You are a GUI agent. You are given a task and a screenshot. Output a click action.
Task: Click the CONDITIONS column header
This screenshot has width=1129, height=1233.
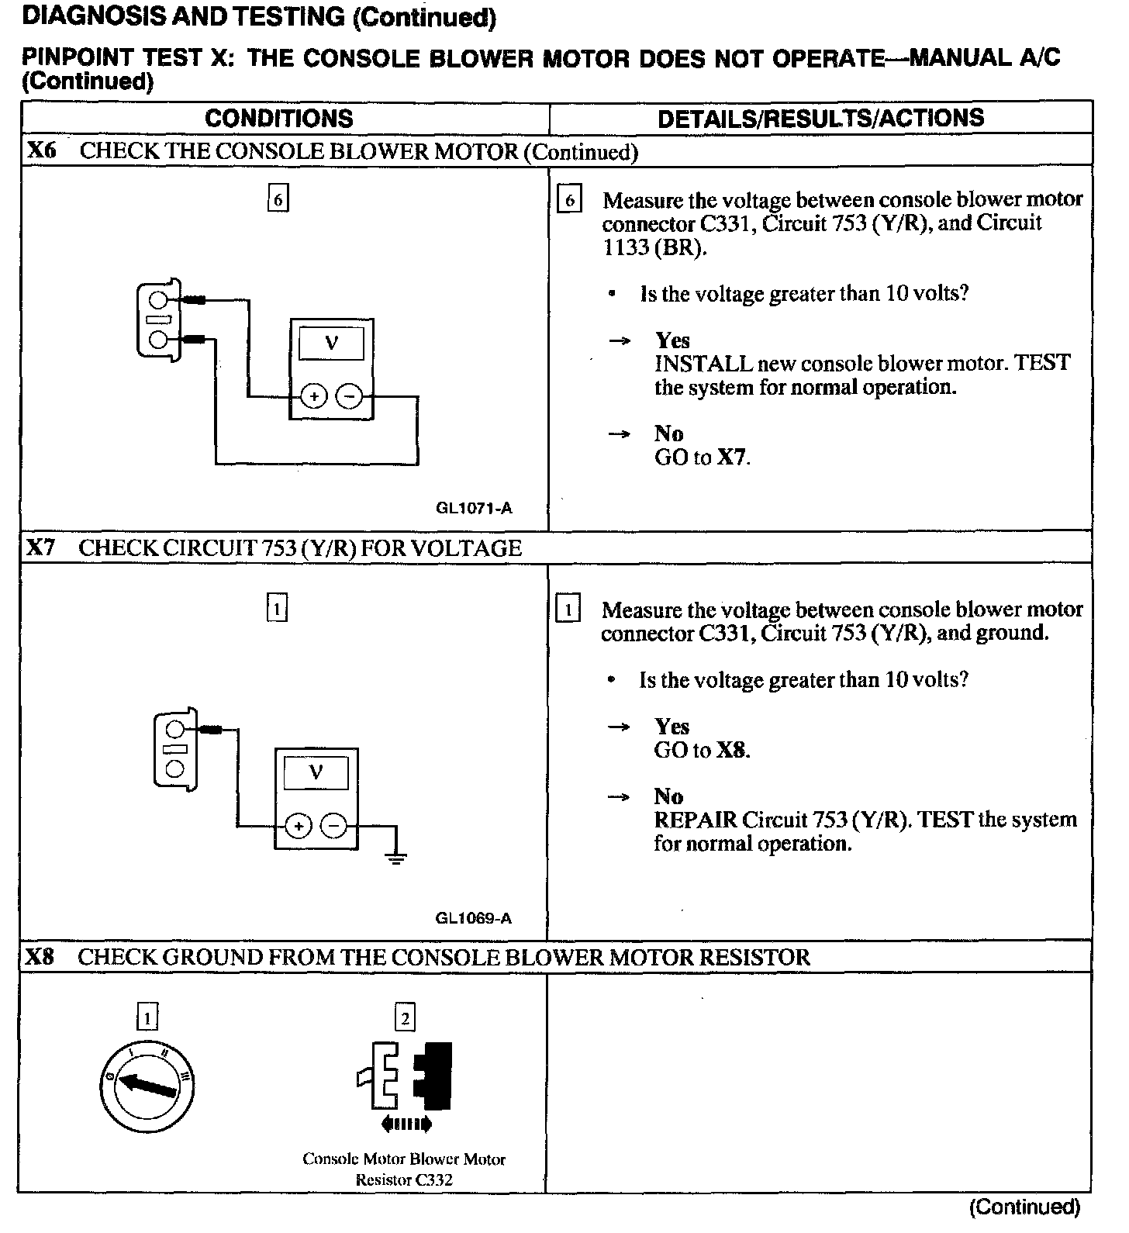(279, 119)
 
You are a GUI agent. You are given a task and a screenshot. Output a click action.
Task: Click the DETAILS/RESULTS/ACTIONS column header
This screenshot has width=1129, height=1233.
(820, 118)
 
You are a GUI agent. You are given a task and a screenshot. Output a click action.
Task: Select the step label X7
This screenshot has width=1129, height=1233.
(40, 548)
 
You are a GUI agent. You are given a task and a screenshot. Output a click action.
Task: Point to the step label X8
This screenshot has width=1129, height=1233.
(40, 957)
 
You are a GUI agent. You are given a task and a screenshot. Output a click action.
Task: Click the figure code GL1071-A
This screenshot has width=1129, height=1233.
(474, 509)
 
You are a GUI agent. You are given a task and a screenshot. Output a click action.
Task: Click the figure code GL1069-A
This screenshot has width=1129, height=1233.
(473, 919)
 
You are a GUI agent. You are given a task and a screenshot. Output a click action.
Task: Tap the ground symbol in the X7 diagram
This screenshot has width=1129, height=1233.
(396, 857)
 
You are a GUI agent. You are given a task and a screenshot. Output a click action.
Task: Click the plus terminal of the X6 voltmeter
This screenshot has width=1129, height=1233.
(313, 397)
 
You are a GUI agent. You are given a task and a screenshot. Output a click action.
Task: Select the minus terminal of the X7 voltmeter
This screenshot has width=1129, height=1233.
(335, 827)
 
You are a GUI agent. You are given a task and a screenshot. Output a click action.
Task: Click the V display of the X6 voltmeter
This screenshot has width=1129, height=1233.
(331, 343)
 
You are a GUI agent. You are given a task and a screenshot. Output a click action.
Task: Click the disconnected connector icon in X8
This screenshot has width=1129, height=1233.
(405, 1076)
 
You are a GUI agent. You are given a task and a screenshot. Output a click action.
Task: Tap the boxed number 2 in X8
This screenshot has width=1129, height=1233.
(405, 1017)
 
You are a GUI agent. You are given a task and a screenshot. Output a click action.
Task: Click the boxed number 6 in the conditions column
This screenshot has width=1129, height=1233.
(278, 200)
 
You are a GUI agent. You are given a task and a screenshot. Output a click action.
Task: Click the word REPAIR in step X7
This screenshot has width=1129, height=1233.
(695, 820)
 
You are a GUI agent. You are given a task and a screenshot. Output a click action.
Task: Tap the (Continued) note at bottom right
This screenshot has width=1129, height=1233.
(1024, 1207)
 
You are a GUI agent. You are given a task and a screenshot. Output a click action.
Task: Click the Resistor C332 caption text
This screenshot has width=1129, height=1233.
(404, 1180)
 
